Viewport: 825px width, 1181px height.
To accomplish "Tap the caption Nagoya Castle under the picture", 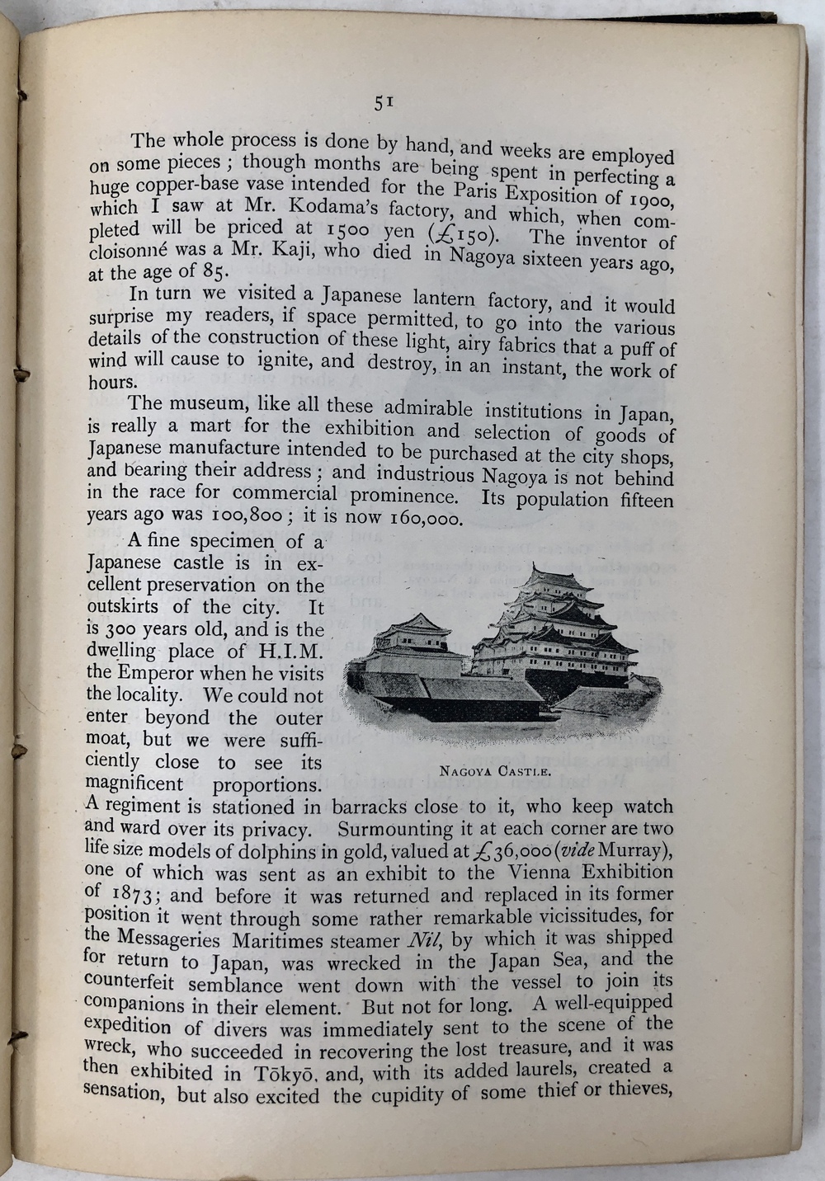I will point(495,772).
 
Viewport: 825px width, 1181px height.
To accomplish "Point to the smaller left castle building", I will point(417,639).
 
